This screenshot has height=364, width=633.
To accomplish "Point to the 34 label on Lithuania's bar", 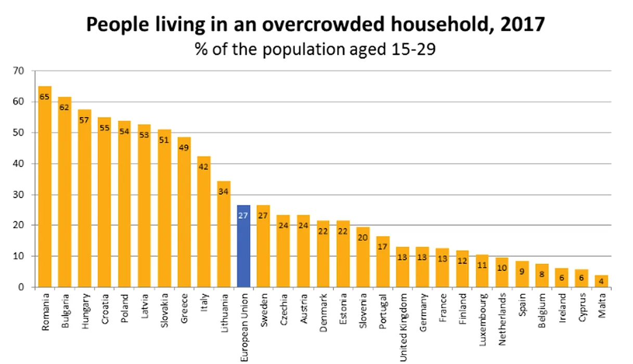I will [x=224, y=191].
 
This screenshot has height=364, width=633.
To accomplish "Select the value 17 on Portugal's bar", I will [x=383, y=246].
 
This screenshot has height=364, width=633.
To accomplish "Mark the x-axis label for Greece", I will [x=185, y=309].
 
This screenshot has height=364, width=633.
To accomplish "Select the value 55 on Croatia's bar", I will [x=104, y=127].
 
